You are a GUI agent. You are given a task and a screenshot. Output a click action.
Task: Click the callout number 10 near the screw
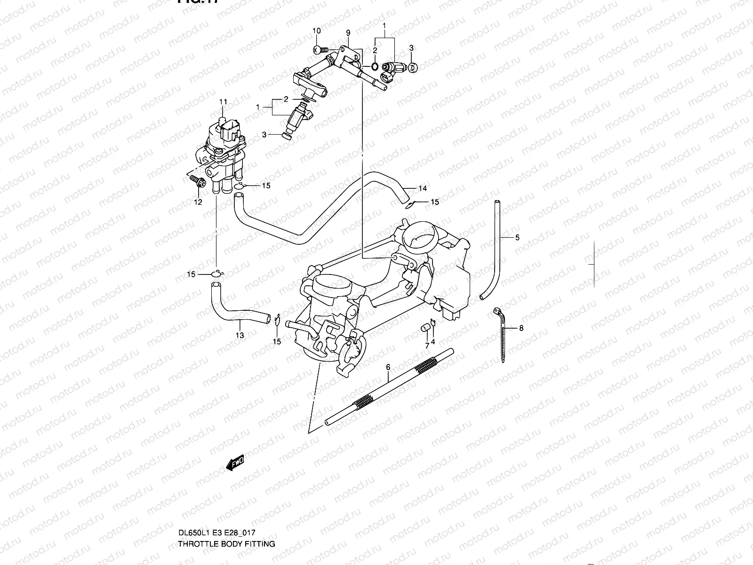317,31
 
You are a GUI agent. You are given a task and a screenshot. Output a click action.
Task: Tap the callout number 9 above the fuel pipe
348,33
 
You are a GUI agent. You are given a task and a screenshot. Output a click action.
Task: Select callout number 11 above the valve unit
223,102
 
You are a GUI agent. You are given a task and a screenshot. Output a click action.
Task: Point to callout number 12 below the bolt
198,202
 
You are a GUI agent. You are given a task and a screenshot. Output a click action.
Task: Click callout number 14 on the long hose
423,189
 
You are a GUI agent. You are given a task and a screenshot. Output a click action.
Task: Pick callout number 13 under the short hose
240,335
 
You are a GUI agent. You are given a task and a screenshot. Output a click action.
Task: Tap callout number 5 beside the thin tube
517,238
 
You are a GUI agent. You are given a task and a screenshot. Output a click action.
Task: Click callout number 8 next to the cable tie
521,328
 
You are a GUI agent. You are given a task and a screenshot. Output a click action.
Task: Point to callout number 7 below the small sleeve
427,346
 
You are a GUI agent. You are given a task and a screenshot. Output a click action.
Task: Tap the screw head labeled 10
319,48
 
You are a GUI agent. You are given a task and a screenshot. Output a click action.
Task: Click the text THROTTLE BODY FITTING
226,544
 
